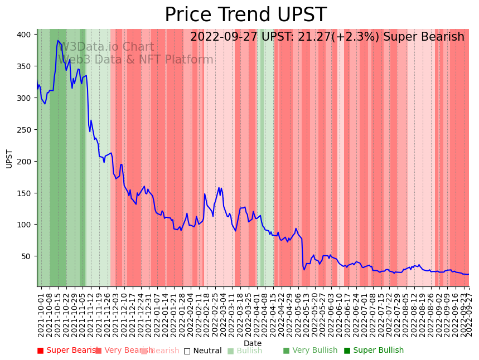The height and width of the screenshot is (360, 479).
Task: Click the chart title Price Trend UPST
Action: coord(245,15)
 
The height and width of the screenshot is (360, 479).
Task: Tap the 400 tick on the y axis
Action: coord(24,35)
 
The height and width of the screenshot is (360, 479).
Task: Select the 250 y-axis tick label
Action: coord(24,130)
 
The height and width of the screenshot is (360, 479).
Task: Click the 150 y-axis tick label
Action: coord(24,193)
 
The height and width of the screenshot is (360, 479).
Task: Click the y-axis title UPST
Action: coord(9,158)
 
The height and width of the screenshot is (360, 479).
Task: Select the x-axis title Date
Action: coord(253,343)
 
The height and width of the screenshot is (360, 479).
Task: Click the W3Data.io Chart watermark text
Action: coord(107,47)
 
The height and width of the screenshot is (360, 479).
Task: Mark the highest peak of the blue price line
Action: coord(58,40)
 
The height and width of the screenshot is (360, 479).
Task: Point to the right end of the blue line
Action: coord(468,274)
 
